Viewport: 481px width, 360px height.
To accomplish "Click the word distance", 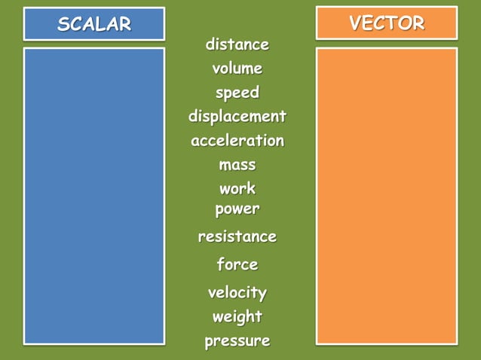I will click(x=237, y=45).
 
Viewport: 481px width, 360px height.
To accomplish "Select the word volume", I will click(x=237, y=69).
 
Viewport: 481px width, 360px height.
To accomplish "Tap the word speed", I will click(x=237, y=93).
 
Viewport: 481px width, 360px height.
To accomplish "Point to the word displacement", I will click(x=237, y=117).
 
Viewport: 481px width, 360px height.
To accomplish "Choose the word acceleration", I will click(x=237, y=141).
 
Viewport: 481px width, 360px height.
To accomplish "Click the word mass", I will click(x=237, y=165).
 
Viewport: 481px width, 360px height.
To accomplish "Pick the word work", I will click(x=237, y=188).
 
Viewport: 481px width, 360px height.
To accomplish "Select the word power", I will click(x=237, y=209).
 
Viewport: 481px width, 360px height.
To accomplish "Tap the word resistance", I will click(x=237, y=236).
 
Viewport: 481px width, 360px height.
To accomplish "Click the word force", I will click(x=237, y=264).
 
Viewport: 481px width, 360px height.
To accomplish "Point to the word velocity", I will click(x=237, y=292).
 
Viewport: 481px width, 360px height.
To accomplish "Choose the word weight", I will click(x=237, y=316).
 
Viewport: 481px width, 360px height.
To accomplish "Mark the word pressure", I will click(x=237, y=341).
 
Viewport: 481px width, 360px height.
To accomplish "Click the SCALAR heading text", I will click(x=94, y=24).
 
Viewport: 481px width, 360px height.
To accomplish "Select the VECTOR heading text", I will click(x=387, y=23).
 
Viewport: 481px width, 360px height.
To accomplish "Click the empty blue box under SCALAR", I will click(x=94, y=196).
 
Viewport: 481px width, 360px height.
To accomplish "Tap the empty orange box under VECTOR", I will click(x=387, y=196).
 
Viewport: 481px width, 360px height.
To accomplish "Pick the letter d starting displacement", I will click(x=193, y=117).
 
